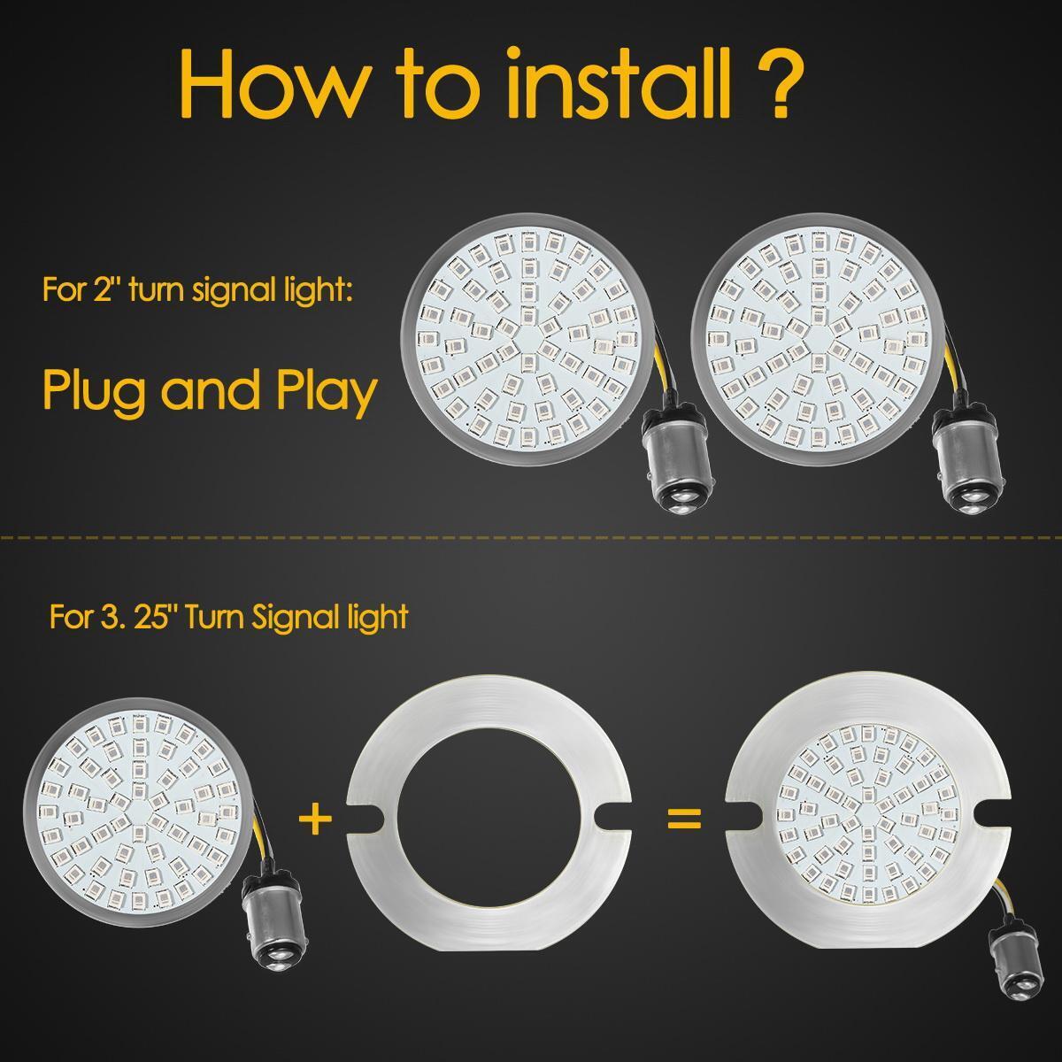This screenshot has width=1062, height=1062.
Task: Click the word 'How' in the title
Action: pyautogui.click(x=272, y=82)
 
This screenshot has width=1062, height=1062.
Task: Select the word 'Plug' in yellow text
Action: pyautogui.click(x=96, y=390)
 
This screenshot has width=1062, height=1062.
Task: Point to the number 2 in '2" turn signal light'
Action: pyautogui.click(x=102, y=290)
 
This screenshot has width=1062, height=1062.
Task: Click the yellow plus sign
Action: pyautogui.click(x=315, y=819)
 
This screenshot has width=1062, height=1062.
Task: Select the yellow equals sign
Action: pyautogui.click(x=684, y=819)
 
